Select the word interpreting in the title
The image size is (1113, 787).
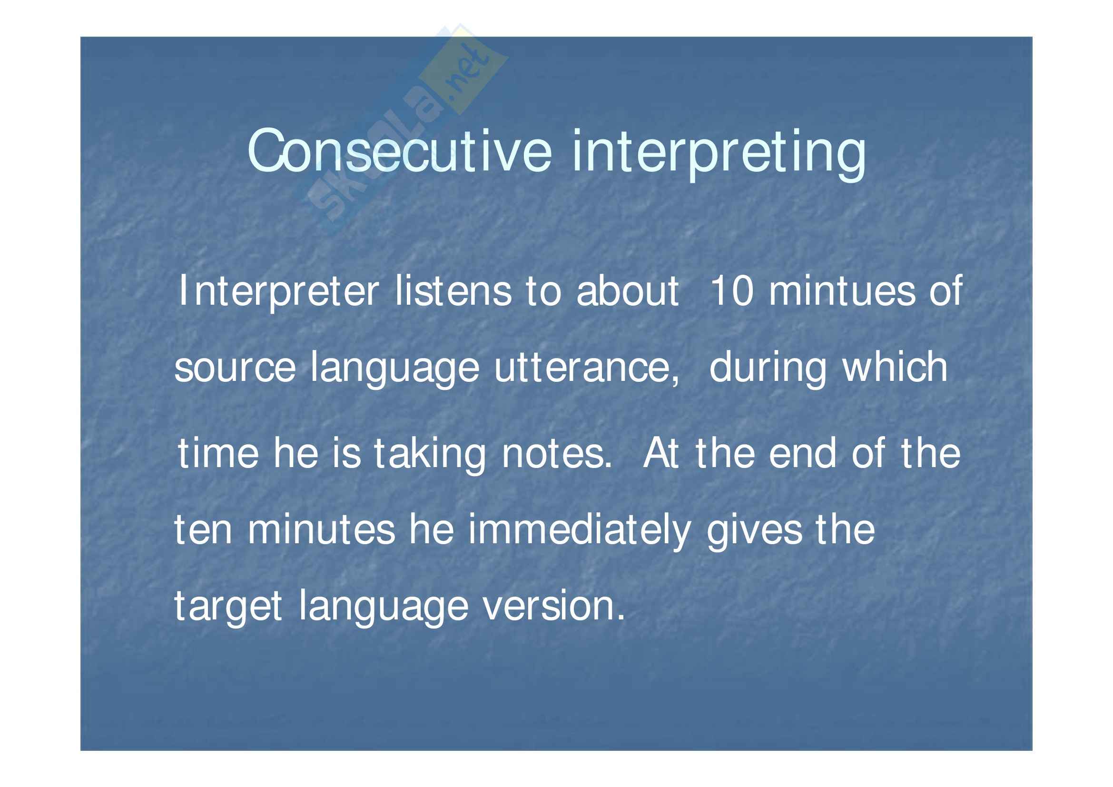click(x=719, y=154)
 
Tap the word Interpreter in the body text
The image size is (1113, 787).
click(x=279, y=292)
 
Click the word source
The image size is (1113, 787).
click(x=235, y=369)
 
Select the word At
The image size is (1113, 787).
click(x=660, y=453)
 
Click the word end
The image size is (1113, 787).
click(x=802, y=453)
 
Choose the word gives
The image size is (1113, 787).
click(x=754, y=532)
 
